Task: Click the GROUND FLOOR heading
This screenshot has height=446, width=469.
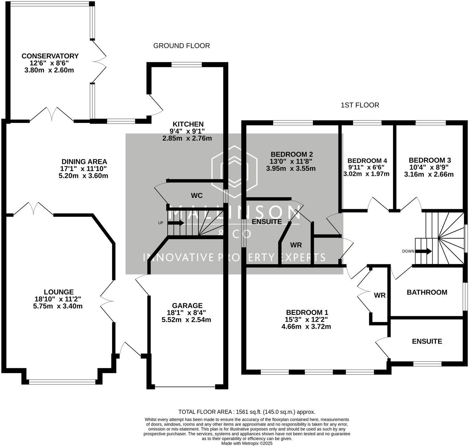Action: tap(182, 46)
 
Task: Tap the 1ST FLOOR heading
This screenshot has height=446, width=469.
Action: tap(360, 105)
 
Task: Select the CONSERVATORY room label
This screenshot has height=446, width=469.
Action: tap(50, 56)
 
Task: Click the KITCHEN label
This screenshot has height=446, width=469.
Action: tap(188, 124)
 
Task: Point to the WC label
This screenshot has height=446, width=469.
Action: tap(197, 196)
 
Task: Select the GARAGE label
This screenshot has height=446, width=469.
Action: tap(187, 306)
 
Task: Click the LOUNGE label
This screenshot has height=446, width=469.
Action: tap(59, 292)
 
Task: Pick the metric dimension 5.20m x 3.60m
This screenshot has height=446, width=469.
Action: tap(83, 176)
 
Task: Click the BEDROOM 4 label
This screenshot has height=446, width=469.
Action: tap(367, 161)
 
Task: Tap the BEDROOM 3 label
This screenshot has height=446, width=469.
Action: tap(430, 160)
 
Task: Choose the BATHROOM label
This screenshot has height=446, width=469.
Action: tap(427, 292)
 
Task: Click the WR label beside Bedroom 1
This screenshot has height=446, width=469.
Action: tap(380, 295)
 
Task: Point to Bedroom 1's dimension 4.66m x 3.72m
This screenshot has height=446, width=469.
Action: tap(306, 326)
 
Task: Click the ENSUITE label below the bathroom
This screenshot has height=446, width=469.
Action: tap(427, 341)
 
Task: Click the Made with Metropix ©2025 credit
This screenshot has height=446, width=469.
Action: tap(247, 443)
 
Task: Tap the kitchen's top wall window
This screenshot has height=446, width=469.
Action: tap(186, 64)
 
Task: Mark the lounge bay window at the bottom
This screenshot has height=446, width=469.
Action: tap(62, 382)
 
